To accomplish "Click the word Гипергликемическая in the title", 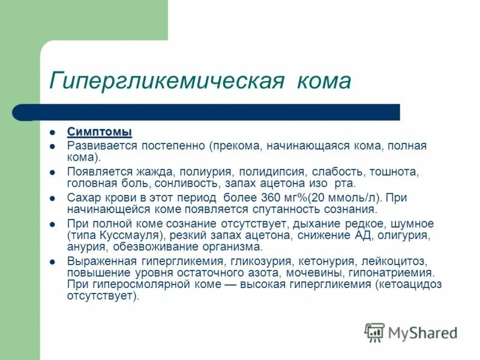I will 167,81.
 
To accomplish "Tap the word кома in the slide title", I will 323,81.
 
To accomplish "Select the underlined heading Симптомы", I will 99,131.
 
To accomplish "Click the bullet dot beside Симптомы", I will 53,132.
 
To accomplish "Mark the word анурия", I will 86,247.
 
